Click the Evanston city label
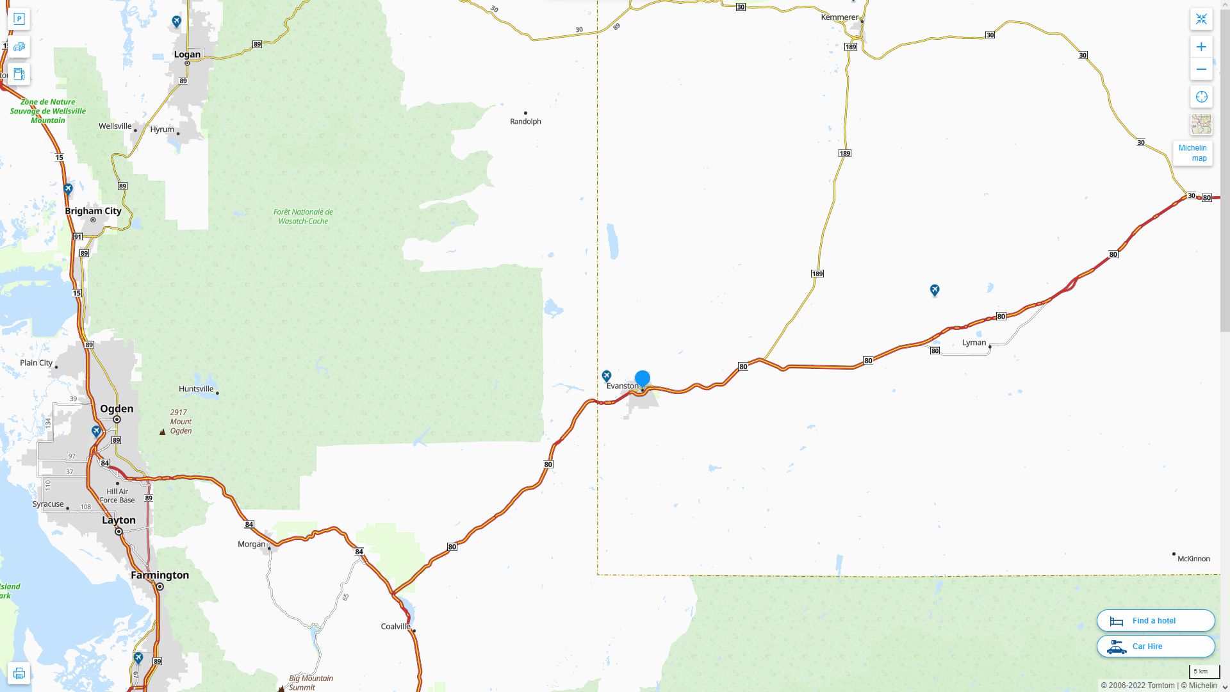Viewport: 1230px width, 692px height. coord(622,386)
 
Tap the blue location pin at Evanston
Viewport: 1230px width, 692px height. coord(642,379)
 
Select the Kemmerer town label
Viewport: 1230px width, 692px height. coord(839,17)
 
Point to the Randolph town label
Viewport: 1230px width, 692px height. coord(525,122)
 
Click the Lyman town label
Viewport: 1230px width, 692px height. coord(974,343)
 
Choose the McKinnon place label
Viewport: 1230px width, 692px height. coord(1193,559)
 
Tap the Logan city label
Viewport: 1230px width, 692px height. coord(187,54)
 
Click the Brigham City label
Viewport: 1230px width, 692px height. coord(93,211)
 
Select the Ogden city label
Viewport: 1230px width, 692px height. coord(117,409)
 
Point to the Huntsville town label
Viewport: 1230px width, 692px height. coord(196,389)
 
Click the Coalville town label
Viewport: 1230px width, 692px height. coord(395,627)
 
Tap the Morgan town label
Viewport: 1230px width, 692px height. coord(251,545)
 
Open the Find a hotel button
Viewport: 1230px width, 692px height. coord(1155,621)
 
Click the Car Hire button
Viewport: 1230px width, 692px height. coord(1155,647)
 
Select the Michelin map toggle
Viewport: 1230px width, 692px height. coord(1192,153)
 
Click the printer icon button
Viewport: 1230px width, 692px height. coord(19,673)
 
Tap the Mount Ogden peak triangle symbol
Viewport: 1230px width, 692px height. coord(163,432)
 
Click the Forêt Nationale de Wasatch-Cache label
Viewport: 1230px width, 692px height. coord(303,217)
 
